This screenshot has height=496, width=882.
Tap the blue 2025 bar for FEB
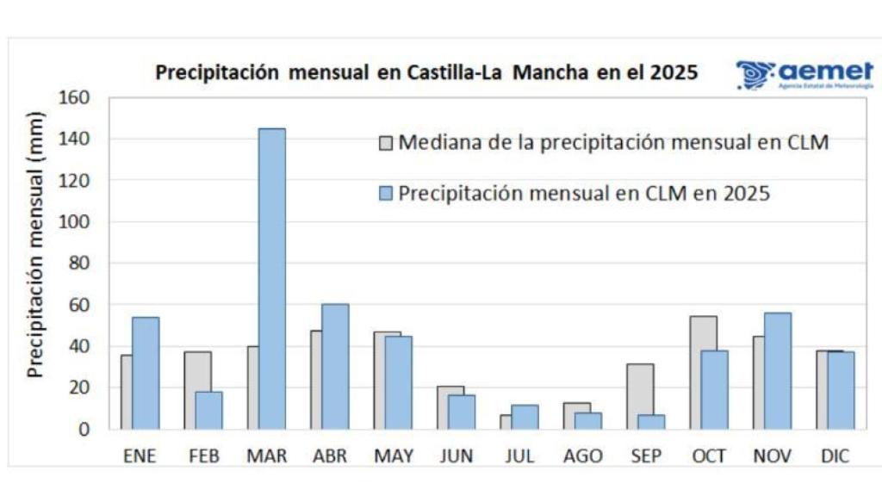point(208,410)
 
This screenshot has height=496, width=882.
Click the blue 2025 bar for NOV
point(777,370)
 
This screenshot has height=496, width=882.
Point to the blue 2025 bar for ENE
point(146,373)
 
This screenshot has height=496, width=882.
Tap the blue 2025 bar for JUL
point(525,417)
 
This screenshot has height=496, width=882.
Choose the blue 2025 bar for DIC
point(841,390)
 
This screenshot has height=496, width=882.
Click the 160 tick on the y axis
point(74,97)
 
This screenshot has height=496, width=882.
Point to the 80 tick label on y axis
point(78,263)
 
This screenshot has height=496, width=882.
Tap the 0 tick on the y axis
point(84,429)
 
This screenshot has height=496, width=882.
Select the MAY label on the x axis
point(394,456)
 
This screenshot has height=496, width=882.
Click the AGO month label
point(583,456)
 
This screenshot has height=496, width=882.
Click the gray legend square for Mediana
point(385,143)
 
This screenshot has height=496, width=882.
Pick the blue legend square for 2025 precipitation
point(385,194)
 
